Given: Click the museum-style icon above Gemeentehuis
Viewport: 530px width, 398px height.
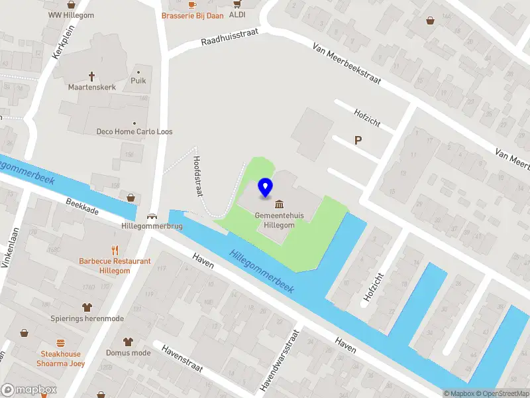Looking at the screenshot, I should (280, 203).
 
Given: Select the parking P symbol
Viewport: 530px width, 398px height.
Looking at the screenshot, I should (358, 140).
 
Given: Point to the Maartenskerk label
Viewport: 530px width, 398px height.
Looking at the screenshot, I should (92, 87).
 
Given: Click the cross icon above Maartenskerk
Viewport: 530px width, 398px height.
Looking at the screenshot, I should (92, 76).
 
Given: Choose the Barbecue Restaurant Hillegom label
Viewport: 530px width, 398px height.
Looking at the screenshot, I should (115, 266).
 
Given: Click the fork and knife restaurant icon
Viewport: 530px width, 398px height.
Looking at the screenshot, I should (115, 250).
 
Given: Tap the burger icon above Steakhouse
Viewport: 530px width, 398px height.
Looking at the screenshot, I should (60, 343).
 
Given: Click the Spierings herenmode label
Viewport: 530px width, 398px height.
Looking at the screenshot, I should (87, 318).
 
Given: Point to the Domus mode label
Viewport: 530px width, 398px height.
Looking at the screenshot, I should (128, 353).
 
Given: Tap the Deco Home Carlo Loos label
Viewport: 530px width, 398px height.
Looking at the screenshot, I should (134, 131).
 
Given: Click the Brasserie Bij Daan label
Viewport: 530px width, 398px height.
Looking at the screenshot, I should (192, 15).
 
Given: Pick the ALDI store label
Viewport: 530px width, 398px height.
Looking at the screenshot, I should (237, 14).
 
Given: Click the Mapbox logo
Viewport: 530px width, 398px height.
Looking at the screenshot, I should (29, 390).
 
